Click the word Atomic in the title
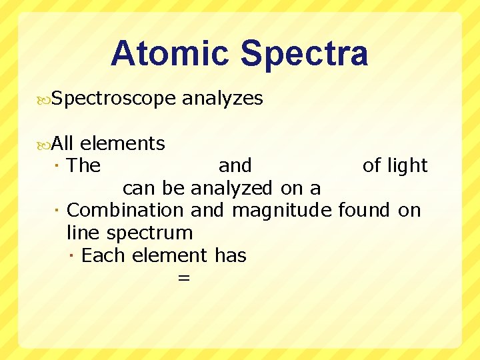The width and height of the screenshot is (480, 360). coord(171,54)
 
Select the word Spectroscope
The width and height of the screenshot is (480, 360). coord(113,99)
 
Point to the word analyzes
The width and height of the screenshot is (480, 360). coord(223,99)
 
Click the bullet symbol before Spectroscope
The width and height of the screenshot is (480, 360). coord(45,99)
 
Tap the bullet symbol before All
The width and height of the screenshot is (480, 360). coord(45,143)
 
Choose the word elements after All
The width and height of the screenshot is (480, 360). coord(123,143)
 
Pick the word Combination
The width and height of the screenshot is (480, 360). coord(125,211)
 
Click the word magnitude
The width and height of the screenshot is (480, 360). coord(281,211)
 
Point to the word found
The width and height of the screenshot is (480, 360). coord(364,211)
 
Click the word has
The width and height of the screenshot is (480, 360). coord(231,255)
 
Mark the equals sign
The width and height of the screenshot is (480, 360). coord(184,279)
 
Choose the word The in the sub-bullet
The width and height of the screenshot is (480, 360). coord(84,165)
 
